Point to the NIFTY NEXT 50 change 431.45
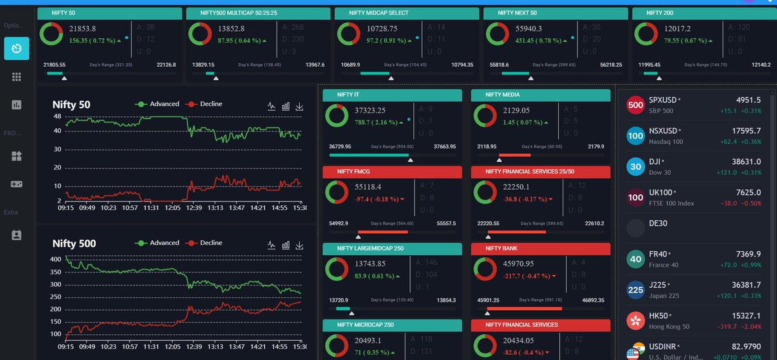pyautogui.click(x=518, y=40)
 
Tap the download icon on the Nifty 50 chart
pyautogui.click(x=300, y=106)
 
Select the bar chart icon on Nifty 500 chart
pyautogui.click(x=286, y=245)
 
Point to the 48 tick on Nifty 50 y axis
pyautogui.click(x=57, y=117)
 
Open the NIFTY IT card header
pyautogui.click(x=392, y=95)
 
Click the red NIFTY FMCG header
pyautogui.click(x=392, y=172)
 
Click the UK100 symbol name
pyautogui.click(x=660, y=192)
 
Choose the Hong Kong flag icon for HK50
pyautogui.click(x=636, y=321)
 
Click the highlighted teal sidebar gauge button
pyautogui.click(x=16, y=49)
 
